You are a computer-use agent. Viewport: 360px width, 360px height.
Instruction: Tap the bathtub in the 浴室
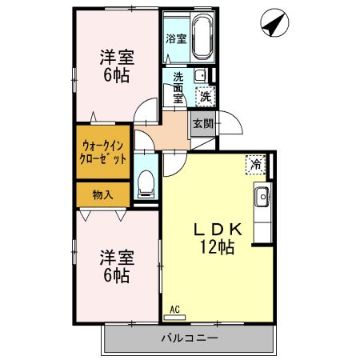(200, 37)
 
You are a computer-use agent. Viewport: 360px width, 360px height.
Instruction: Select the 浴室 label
(175, 38)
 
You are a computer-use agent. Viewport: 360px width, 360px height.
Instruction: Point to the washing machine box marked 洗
(206, 96)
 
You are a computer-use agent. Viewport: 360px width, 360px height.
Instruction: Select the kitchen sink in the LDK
(262, 195)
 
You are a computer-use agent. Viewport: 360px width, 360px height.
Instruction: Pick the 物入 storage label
(102, 194)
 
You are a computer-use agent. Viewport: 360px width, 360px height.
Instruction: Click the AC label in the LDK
(175, 309)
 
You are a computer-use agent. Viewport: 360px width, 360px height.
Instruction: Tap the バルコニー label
(189, 338)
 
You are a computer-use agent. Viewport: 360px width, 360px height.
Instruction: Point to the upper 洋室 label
(117, 58)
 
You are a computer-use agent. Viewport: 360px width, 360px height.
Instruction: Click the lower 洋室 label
(117, 258)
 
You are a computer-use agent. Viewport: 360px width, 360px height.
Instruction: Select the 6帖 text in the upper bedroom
(117, 77)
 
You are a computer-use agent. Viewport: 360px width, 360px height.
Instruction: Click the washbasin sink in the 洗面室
(198, 77)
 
